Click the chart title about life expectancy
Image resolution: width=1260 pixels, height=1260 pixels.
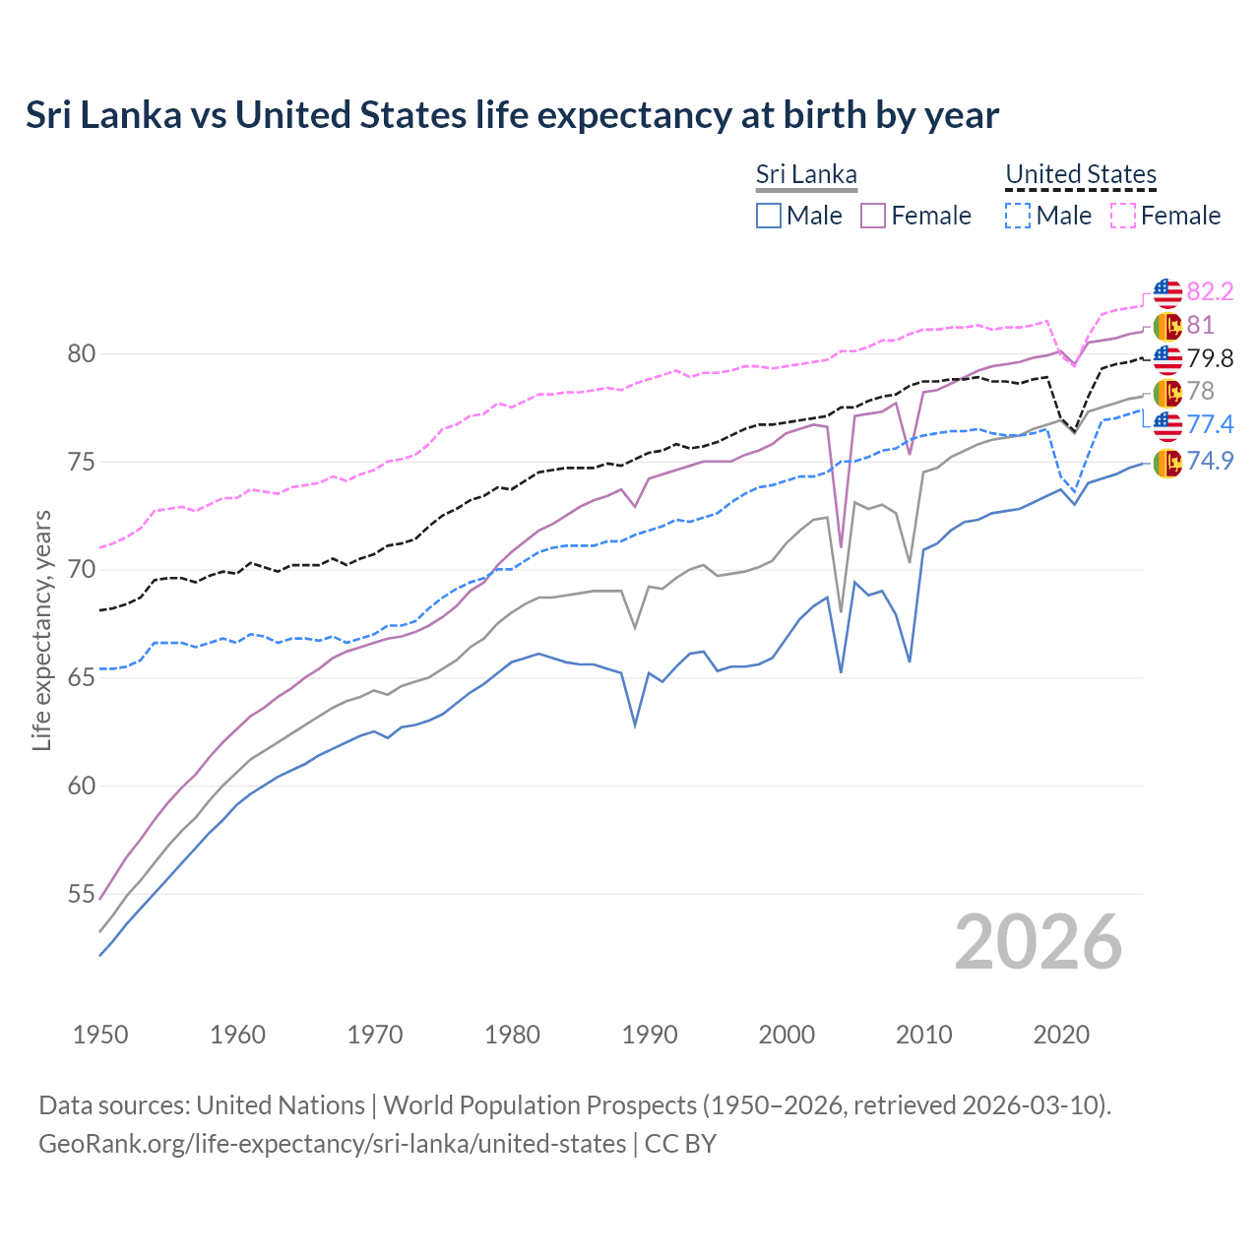[x=512, y=115]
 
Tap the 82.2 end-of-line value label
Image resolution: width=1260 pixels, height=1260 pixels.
[x=1210, y=291]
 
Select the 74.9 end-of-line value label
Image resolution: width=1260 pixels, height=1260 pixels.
[x=1210, y=461]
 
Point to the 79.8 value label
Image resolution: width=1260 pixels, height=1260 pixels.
[x=1210, y=358]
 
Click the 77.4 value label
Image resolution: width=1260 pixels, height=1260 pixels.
[x=1210, y=424]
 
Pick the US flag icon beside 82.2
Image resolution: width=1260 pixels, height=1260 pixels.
[x=1167, y=292]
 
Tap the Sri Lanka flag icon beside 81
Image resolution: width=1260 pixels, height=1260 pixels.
[x=1167, y=326]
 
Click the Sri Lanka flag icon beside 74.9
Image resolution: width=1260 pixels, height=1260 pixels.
[x=1167, y=462]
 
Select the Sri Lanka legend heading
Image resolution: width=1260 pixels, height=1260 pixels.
[x=806, y=174]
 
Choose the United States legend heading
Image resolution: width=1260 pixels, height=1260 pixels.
[x=1080, y=174]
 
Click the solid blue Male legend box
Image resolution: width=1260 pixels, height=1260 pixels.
[x=769, y=216]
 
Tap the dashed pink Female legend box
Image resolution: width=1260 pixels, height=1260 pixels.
[x=1123, y=216]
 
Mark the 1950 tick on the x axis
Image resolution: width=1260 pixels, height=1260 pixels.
[x=100, y=1035]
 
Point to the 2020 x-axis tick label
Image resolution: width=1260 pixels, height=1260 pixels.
[x=1061, y=1035]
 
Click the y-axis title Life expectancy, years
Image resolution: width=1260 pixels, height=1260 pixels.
[x=41, y=630]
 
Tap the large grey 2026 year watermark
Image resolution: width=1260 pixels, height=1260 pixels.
[x=1038, y=942]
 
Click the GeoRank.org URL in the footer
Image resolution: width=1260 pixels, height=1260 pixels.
[x=333, y=1144]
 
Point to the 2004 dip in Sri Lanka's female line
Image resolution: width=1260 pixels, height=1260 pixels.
[x=841, y=546]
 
